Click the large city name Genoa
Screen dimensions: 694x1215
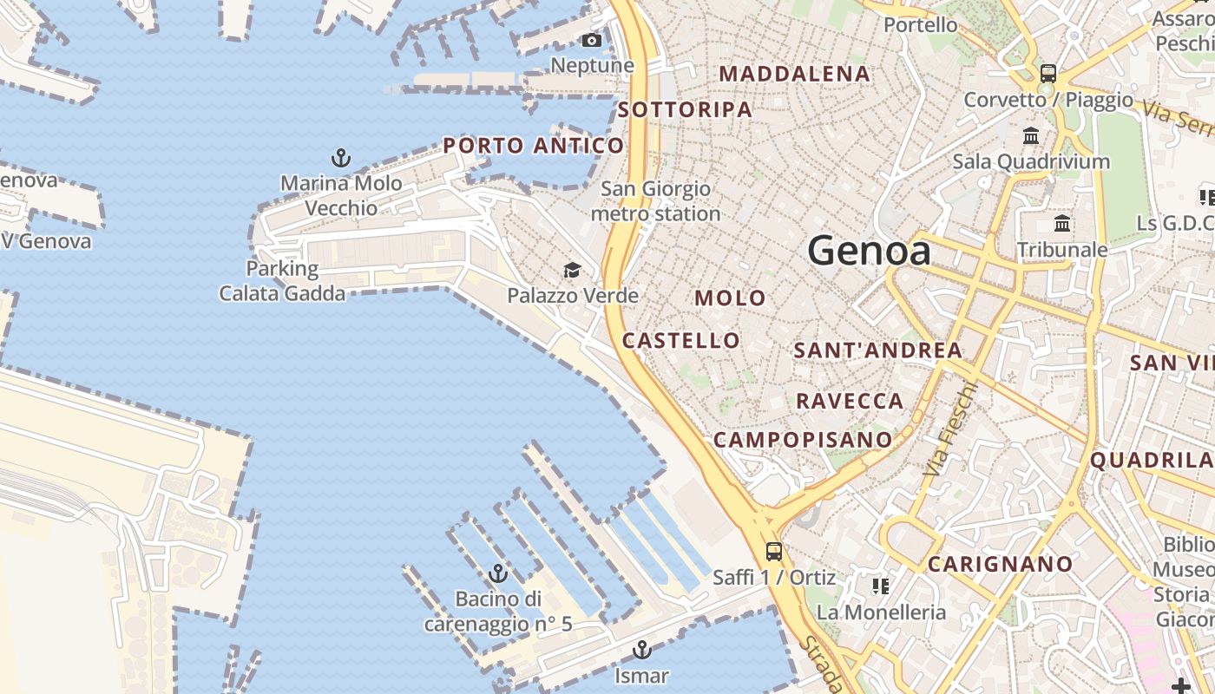[x=869, y=252]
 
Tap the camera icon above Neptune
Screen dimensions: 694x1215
[x=592, y=41]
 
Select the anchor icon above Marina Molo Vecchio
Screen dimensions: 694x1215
[x=341, y=158]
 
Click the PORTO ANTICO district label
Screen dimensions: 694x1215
[x=533, y=146]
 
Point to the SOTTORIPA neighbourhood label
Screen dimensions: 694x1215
[x=685, y=109]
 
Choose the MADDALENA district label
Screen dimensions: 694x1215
[x=794, y=75]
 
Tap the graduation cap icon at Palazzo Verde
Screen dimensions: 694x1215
[x=572, y=271]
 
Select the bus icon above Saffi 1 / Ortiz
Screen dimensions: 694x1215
[x=773, y=551]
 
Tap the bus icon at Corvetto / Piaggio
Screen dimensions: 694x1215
[x=1048, y=74]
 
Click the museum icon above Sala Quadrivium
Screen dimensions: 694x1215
[x=1031, y=136]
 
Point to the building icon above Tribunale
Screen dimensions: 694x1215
[x=1062, y=224]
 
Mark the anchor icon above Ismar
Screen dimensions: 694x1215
[x=641, y=650]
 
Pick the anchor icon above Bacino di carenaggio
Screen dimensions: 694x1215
[x=497, y=573]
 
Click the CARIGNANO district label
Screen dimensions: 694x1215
[x=1001, y=565]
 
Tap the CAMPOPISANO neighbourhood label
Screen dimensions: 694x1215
[x=802, y=440]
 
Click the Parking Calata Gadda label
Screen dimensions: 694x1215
[x=281, y=281]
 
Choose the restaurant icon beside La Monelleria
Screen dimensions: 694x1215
[x=881, y=587]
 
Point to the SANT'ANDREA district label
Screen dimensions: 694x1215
[x=877, y=350]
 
